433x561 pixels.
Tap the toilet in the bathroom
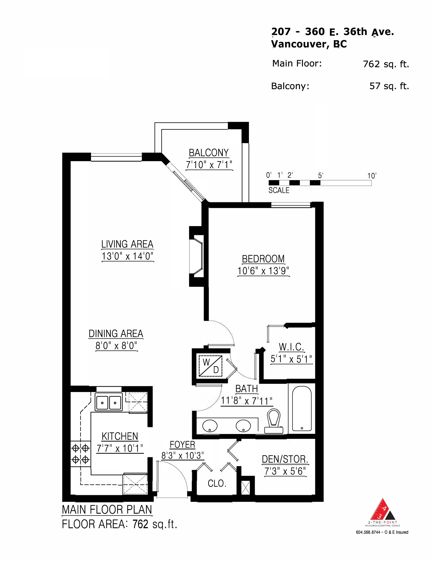tap(274, 421)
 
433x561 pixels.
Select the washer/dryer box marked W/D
tap(210, 366)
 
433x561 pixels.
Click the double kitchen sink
tap(108, 402)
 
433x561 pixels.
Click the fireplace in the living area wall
tap(197, 256)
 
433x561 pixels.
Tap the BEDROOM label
tap(263, 259)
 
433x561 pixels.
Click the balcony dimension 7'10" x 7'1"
tap(209, 165)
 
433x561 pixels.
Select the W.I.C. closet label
tap(291, 347)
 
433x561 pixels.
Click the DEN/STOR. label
tap(285, 459)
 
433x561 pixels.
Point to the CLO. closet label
tap(217, 484)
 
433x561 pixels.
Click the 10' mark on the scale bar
tap(372, 176)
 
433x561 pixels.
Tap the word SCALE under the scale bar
tap(279, 190)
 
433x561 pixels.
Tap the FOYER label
tap(182, 445)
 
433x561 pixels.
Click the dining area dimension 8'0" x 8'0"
tap(116, 346)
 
